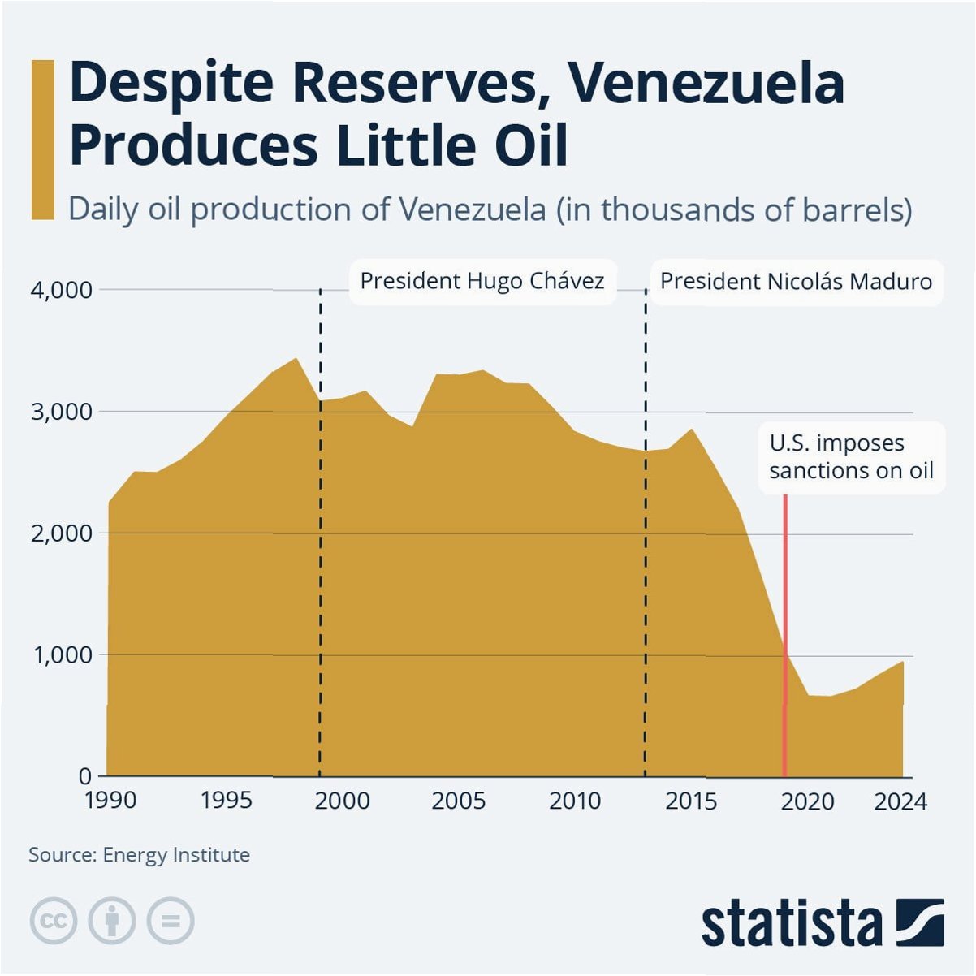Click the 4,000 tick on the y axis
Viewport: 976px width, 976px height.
tap(61, 291)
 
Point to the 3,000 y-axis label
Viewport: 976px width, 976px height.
tap(61, 412)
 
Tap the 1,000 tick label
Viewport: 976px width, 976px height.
tap(61, 655)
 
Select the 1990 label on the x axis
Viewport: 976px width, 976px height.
tap(110, 801)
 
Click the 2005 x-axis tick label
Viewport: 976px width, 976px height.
tap(459, 801)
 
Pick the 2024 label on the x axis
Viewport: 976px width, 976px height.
tap(900, 801)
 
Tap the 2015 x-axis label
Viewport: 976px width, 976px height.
tap(691, 801)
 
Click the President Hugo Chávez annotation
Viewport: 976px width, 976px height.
tap(482, 281)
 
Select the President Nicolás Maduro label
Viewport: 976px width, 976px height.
tap(796, 282)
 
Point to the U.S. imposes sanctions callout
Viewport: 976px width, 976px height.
tap(852, 457)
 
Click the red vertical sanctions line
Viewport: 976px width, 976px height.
tap(785, 635)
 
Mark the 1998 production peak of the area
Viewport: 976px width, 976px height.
tap(296, 359)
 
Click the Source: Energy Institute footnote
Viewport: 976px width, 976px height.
tap(140, 854)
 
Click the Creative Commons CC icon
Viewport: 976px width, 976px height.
tap(54, 920)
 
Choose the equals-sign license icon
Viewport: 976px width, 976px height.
tap(171, 920)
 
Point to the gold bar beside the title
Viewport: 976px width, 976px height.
tap(42, 140)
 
